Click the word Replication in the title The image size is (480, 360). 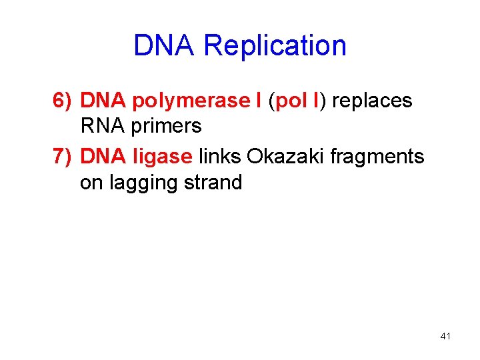(275, 45)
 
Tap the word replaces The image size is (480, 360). (372, 101)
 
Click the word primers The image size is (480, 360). (165, 126)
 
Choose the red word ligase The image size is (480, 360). (163, 157)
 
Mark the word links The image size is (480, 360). (221, 157)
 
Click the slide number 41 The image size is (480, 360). (445, 337)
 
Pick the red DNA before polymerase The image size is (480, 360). (104, 101)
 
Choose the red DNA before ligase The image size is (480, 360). (104, 157)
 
